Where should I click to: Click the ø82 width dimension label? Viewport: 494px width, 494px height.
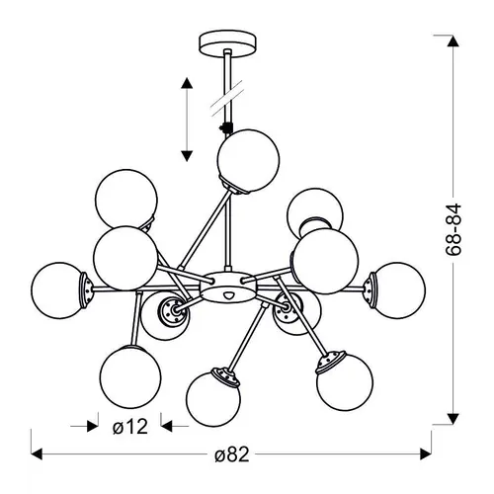pos(232,454)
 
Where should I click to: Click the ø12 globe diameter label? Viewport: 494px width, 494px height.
pos(130,427)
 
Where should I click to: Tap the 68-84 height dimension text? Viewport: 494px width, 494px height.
pos(453,229)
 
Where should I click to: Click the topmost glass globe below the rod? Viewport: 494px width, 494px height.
pos(248,161)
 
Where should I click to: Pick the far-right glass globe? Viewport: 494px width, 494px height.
pos(397,290)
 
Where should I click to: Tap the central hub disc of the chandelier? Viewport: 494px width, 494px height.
pos(228,287)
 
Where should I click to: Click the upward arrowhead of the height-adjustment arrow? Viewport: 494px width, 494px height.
pos(187,83)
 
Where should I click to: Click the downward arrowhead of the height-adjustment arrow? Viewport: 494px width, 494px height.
pos(187,156)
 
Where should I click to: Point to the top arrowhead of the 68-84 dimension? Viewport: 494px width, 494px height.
pos(453,41)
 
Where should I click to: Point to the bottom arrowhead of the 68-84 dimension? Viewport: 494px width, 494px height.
pos(453,419)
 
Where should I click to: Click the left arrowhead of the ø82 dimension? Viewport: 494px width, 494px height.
pos(37,454)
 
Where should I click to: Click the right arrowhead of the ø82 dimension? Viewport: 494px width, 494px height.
pos(426,454)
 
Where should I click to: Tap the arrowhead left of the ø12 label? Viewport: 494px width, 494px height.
pos(93,426)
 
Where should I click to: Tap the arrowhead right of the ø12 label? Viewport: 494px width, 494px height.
pos(167,426)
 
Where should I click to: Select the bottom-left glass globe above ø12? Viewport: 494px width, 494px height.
pos(130,377)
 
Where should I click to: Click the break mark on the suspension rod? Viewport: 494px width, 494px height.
pos(227,98)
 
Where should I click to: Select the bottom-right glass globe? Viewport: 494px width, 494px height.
pos(345,382)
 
